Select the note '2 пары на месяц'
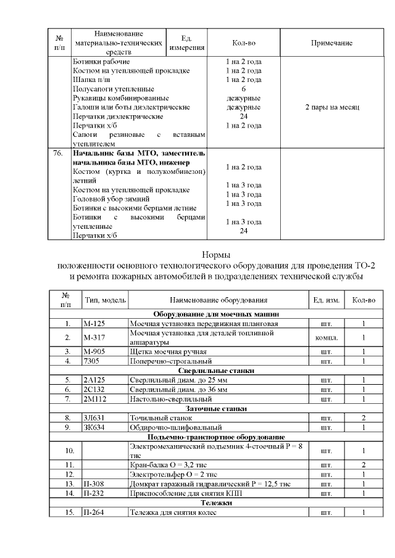[333, 107]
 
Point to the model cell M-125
[94, 323]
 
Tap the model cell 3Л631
[94, 418]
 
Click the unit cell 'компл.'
[326, 337]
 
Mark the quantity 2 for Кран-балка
[364, 464]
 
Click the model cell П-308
[94, 483]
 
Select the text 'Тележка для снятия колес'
[172, 512]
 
